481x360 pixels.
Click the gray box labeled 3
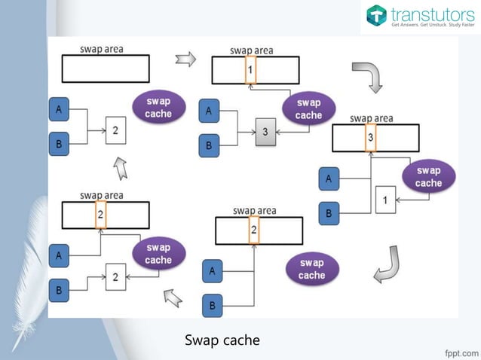[265, 131]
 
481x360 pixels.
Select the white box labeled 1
[385, 200]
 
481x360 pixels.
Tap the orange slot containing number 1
[251, 70]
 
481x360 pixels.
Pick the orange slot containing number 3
[370, 138]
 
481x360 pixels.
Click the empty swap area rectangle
[105, 69]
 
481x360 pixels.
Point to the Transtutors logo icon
[376, 15]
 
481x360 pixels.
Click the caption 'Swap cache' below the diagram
[222, 340]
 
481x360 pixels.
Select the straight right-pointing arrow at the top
[185, 59]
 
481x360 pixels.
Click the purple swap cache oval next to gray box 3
[308, 108]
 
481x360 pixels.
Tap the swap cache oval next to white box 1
[428, 176]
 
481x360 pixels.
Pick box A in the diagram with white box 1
[328, 179]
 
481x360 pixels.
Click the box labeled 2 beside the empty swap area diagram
[115, 130]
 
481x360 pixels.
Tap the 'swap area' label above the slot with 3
[371, 118]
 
